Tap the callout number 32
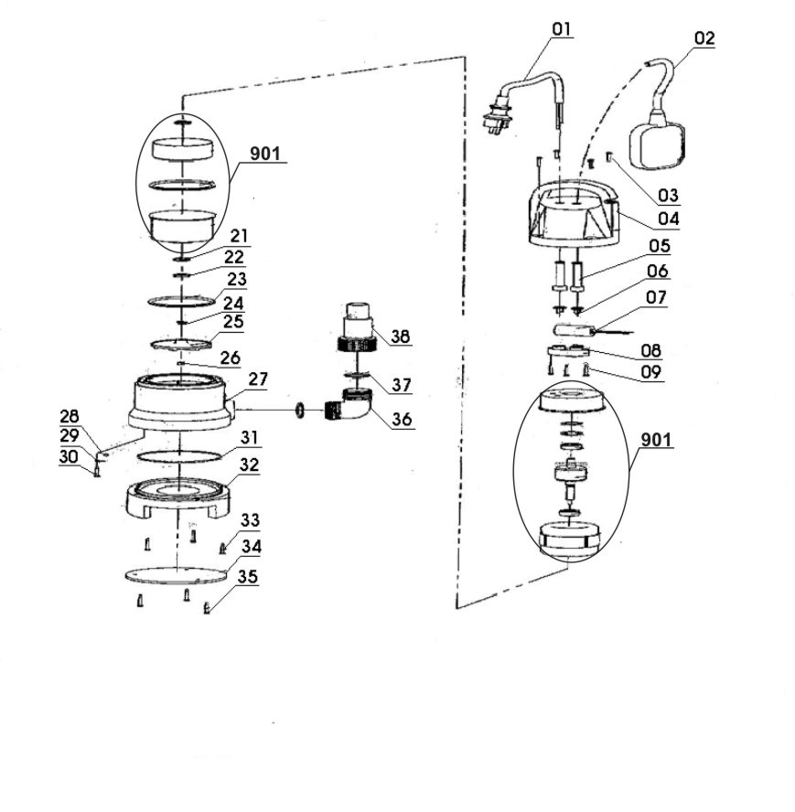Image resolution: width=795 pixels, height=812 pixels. pyautogui.click(x=249, y=465)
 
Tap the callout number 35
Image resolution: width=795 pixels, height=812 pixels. pyautogui.click(x=248, y=578)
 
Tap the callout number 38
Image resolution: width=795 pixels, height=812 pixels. pyautogui.click(x=400, y=337)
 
